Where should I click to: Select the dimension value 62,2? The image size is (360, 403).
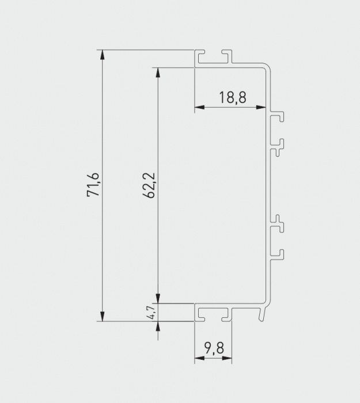[x=148, y=185]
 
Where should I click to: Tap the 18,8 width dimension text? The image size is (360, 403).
[x=233, y=97]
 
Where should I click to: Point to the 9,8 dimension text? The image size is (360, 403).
[x=213, y=348]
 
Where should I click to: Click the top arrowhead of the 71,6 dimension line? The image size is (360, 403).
[x=103, y=55]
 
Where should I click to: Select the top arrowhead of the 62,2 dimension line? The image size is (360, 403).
[x=157, y=73]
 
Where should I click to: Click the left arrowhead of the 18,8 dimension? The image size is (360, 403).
[x=199, y=108]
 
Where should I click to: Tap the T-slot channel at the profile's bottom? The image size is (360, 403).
[x=213, y=314]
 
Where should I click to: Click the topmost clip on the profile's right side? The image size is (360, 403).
[x=278, y=117]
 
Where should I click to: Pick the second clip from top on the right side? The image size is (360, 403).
[x=278, y=146]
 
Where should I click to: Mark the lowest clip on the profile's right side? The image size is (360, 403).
[x=278, y=254]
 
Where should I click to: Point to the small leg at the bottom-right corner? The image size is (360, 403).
[x=263, y=314]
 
